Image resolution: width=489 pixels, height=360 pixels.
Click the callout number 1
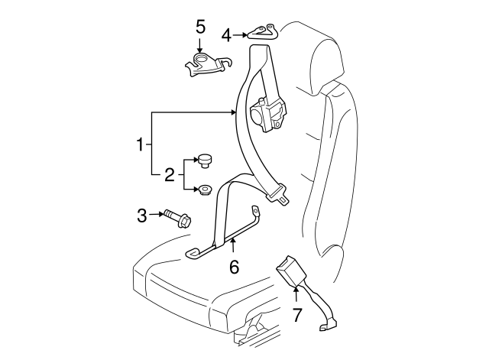[141, 144]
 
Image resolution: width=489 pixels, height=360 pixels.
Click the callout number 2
[170, 175]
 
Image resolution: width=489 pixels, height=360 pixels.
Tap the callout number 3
[142, 216]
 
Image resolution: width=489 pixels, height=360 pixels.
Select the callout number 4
[227, 34]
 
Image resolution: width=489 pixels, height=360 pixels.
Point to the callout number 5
[200, 27]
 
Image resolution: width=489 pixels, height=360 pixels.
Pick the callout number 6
[234, 266]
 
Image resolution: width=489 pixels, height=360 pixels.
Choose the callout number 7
[298, 313]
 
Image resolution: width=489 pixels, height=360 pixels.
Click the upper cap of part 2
[205, 160]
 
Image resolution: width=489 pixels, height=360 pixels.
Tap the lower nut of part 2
[205, 190]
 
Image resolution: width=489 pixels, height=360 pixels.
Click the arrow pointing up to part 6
[234, 246]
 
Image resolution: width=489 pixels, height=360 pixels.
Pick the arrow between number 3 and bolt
[157, 216]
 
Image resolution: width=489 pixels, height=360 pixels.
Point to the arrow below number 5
[200, 45]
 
